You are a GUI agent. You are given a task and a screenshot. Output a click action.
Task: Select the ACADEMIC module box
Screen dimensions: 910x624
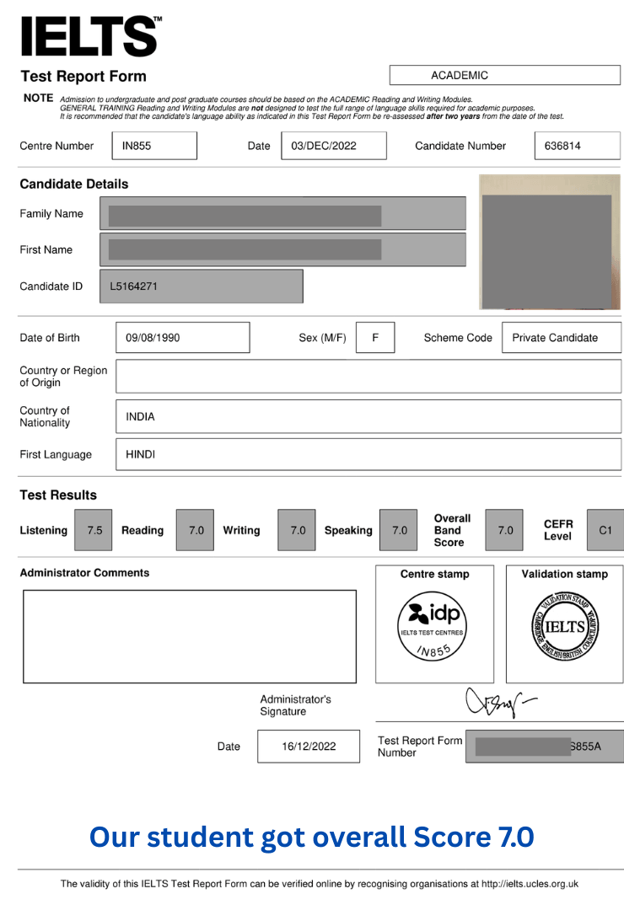pyautogui.click(x=504, y=75)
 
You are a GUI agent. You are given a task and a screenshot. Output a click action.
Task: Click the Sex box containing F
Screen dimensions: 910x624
pyautogui.click(x=375, y=338)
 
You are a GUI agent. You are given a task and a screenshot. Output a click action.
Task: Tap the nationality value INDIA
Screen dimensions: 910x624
pyautogui.click(x=140, y=416)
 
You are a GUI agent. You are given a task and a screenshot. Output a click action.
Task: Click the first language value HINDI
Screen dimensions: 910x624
pyautogui.click(x=140, y=454)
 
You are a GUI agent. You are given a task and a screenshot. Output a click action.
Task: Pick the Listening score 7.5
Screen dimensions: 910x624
pyautogui.click(x=94, y=530)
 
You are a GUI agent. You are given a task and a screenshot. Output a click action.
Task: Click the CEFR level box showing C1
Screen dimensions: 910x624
pyautogui.click(x=605, y=530)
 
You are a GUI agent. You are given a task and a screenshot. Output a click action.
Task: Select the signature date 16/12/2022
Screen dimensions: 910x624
pyautogui.click(x=308, y=747)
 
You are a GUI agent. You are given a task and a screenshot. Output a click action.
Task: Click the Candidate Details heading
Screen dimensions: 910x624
pyautogui.click(x=74, y=184)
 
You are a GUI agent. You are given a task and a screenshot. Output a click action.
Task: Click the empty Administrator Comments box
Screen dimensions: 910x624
pyautogui.click(x=190, y=635)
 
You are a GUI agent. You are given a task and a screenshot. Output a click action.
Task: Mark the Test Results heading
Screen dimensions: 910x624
pyautogui.click(x=58, y=495)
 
